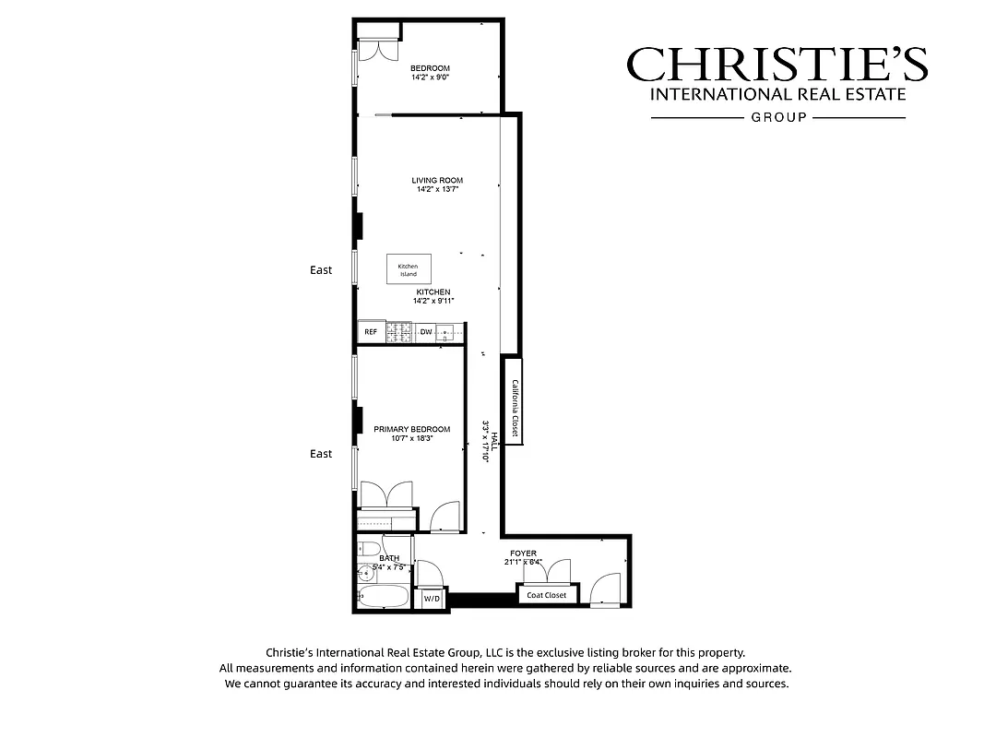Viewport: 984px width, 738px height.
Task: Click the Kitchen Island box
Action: click(408, 269)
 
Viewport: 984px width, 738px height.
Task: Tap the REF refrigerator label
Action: click(371, 332)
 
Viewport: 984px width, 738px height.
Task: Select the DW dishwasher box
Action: click(426, 332)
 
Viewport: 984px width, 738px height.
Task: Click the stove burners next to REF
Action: click(399, 332)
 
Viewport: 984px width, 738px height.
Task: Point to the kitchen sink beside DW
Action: click(447, 332)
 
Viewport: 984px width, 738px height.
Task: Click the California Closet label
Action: click(515, 408)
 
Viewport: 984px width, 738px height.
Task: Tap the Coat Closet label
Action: click(547, 595)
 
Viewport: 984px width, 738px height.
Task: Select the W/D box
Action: click(432, 600)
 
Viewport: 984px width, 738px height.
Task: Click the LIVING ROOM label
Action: click(437, 181)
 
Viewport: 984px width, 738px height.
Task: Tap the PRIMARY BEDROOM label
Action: click(411, 430)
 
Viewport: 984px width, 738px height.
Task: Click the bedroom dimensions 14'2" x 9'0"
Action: click(430, 78)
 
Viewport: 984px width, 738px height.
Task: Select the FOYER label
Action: click(523, 553)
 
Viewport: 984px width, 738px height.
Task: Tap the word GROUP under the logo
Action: click(778, 117)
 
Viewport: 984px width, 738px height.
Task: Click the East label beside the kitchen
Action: click(321, 270)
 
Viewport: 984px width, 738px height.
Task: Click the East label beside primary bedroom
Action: click(321, 454)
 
